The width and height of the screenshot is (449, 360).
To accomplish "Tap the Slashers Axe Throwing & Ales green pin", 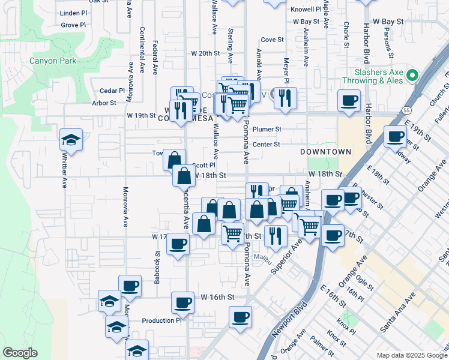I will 412,76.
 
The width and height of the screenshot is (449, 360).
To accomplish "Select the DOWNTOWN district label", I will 326,152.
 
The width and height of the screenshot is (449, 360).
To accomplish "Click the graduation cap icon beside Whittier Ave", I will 71,140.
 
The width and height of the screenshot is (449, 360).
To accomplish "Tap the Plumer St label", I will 267,129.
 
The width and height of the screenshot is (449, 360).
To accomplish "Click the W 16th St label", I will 217,297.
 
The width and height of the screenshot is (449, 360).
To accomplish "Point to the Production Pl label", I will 161,320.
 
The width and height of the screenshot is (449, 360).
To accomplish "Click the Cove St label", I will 272,40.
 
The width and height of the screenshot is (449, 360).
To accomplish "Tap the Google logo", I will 20,353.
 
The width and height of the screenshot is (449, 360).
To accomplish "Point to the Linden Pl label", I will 74,13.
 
